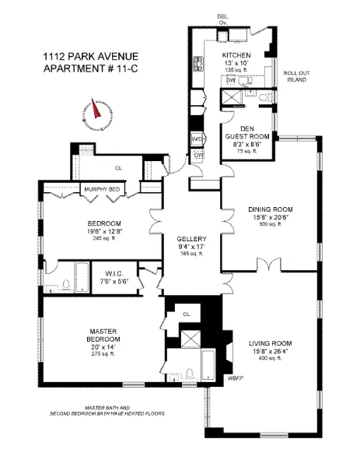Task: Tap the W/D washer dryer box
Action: click(x=197, y=139)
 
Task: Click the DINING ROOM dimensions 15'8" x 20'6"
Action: click(x=269, y=217)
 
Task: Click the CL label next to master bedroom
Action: click(x=186, y=314)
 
